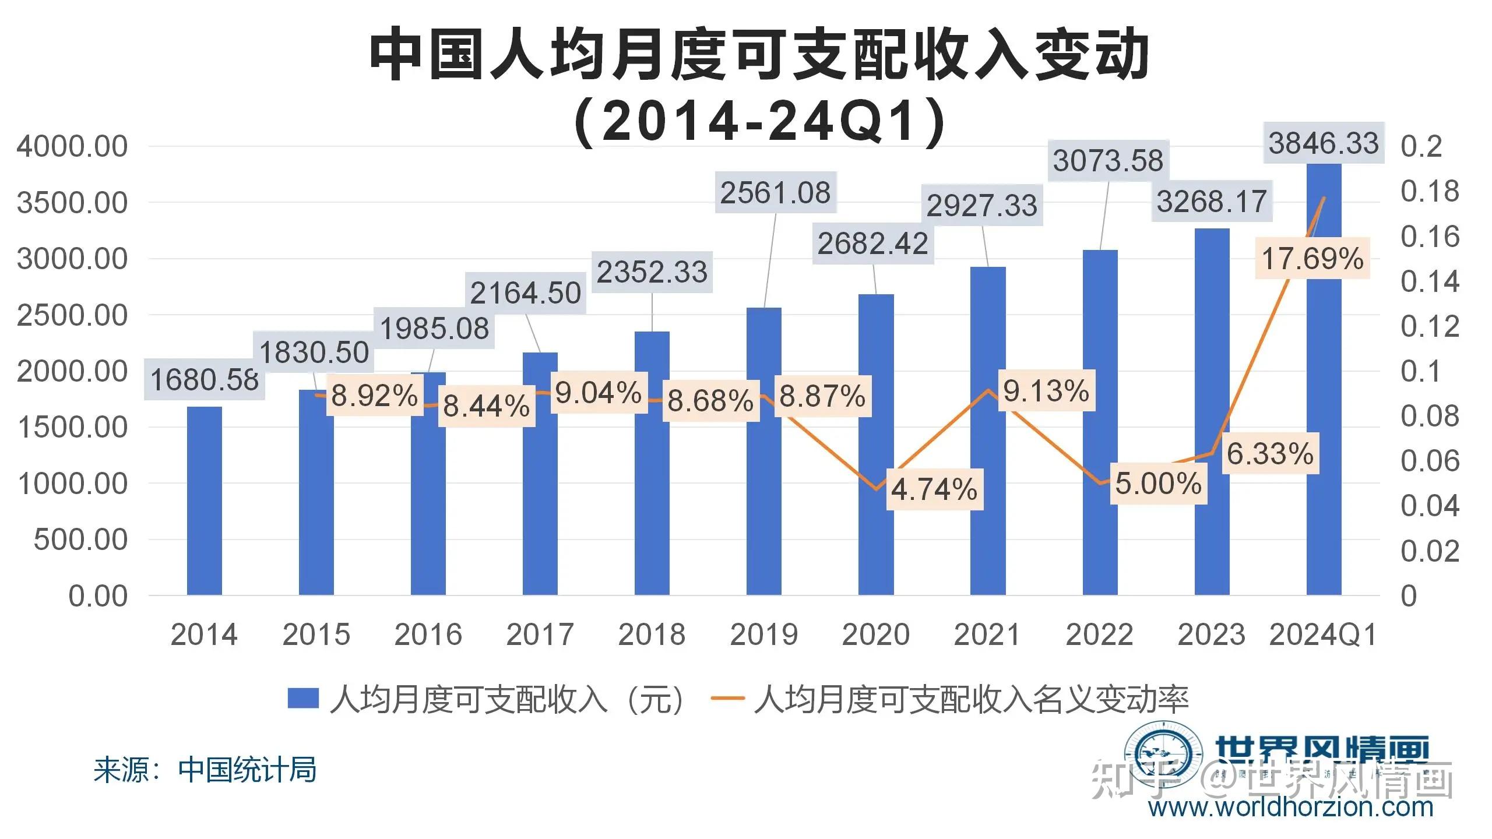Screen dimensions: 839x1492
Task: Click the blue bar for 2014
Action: click(204, 501)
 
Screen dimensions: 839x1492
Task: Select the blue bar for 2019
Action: click(763, 454)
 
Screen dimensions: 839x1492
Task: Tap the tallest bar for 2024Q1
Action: click(1324, 408)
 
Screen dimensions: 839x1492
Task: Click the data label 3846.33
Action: click(1324, 143)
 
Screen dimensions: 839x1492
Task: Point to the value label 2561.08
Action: click(775, 193)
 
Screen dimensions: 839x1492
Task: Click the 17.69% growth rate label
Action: click(1312, 258)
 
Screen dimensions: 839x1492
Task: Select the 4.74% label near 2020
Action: click(934, 489)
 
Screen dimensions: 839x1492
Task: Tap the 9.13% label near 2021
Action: click(1046, 390)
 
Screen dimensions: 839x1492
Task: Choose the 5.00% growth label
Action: click(1158, 484)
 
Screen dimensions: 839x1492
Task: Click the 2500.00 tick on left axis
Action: click(72, 315)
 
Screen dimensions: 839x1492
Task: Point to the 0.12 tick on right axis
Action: click(1430, 326)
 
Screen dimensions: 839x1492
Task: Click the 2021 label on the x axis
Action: click(987, 634)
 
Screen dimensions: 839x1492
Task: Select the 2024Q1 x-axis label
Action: click(1323, 634)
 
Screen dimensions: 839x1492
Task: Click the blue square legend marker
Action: click(303, 698)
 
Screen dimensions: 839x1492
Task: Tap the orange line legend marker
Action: click(728, 698)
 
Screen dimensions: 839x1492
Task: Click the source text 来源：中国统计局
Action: click(205, 770)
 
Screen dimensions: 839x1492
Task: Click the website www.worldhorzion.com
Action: click(1290, 808)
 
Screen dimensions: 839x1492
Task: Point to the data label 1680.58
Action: click(205, 380)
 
